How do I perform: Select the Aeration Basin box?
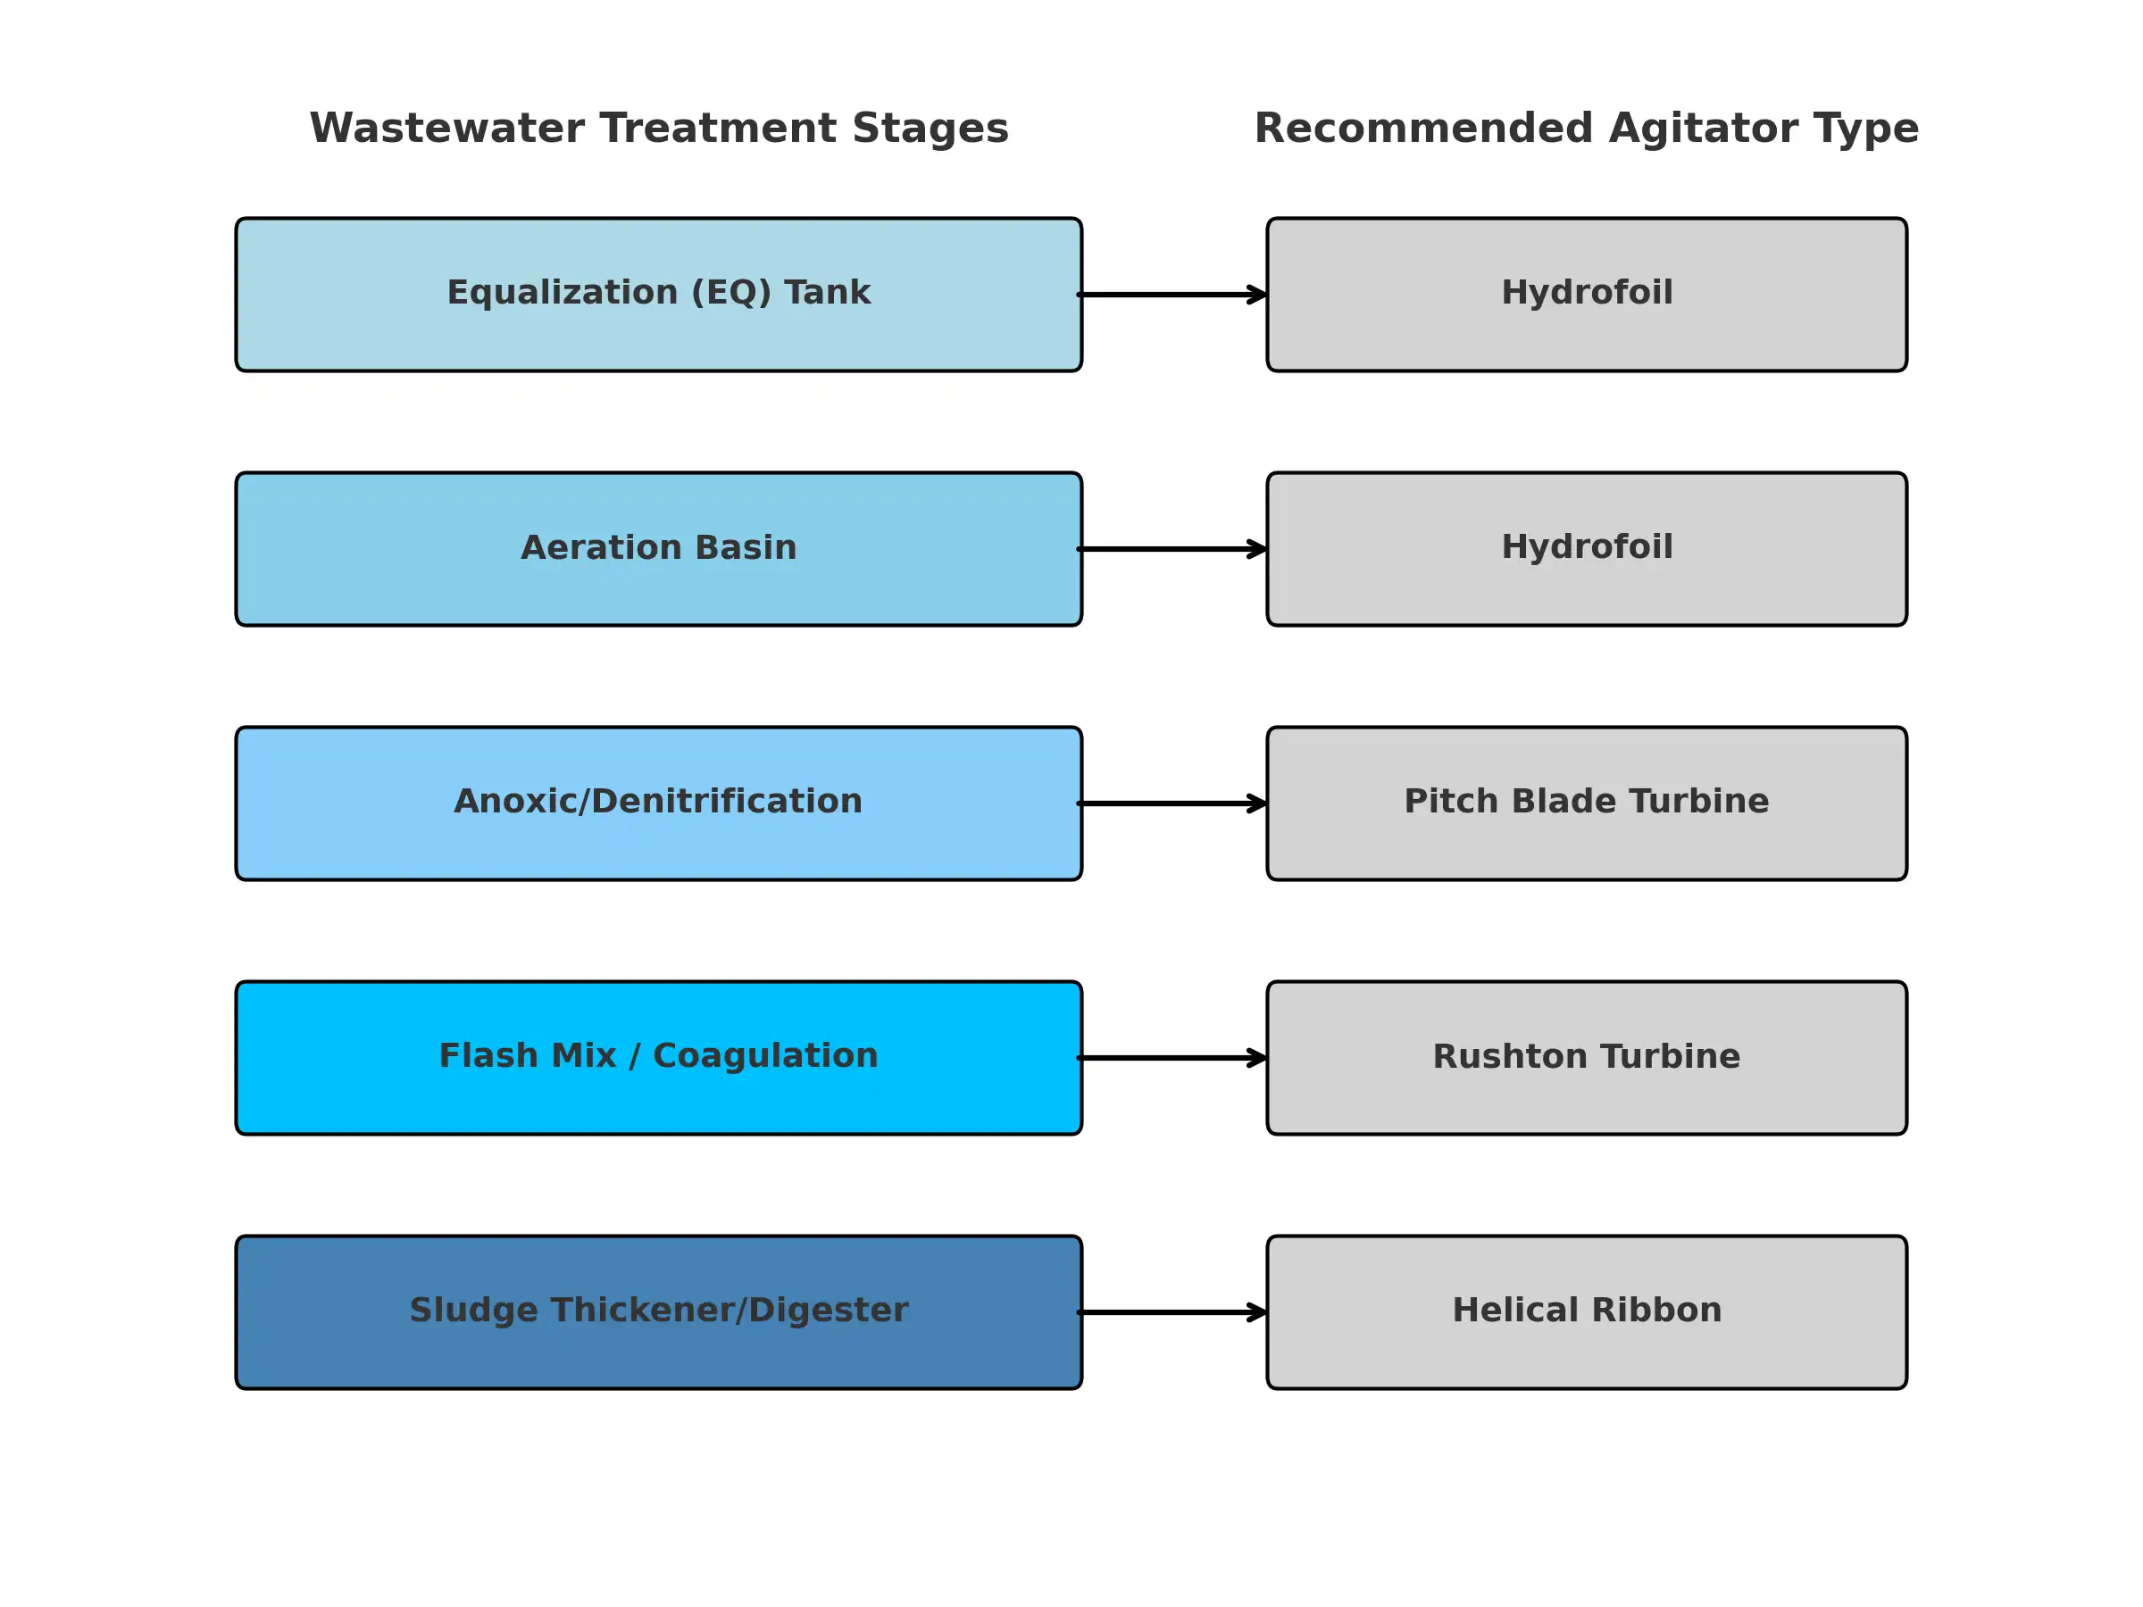pos(659,549)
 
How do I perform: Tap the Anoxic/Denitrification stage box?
pos(659,803)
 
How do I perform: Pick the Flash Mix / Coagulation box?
pos(659,1058)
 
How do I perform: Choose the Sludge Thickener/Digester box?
pos(659,1312)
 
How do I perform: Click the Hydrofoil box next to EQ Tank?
pos(1587,295)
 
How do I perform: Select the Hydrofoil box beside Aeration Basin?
pos(1587,549)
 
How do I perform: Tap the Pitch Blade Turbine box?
pos(1587,803)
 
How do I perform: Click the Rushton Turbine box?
pos(1587,1058)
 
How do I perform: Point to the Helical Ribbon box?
pos(1587,1312)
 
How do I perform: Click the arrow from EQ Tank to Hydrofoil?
pos(1172,295)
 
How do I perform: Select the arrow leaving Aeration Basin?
pos(1172,549)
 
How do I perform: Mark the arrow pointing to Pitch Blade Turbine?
pos(1172,803)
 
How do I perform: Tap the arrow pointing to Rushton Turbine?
pos(1172,1058)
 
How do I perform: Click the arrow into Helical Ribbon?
pos(1172,1312)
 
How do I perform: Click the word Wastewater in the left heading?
pos(446,129)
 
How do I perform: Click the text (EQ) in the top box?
pos(730,293)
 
